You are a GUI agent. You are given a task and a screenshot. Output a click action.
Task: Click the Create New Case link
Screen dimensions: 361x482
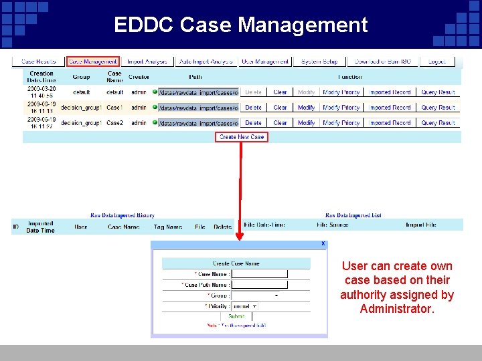pos(242,137)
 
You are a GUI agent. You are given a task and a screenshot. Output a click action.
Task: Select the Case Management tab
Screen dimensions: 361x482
pos(92,62)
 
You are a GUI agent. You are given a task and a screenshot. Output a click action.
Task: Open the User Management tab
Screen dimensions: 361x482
pos(265,62)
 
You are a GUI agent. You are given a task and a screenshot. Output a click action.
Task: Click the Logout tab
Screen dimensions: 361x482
pos(436,62)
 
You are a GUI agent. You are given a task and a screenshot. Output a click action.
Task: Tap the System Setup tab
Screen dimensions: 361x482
pos(319,62)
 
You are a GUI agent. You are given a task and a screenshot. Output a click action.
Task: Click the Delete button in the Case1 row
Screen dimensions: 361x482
pos(254,108)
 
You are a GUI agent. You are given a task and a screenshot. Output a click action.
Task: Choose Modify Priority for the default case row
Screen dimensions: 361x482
pos(341,92)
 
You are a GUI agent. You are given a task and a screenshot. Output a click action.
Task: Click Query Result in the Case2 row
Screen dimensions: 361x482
pos(438,123)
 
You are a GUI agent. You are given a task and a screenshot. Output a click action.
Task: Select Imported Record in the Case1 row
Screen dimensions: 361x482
pos(390,108)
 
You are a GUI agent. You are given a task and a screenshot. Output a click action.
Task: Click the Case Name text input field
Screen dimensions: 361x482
pos(259,274)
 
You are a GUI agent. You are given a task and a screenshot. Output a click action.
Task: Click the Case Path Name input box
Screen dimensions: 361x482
pos(259,285)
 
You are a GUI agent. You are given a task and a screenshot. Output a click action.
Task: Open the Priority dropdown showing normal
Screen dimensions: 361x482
pos(244,306)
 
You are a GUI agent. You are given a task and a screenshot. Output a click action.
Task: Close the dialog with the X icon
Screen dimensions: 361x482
pos(323,244)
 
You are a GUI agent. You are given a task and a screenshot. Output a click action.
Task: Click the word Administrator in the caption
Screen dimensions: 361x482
pos(397,309)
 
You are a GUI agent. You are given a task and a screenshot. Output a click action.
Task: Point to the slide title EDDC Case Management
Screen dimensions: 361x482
pos(241,25)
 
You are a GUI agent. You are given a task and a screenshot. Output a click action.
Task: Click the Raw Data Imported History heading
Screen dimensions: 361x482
pos(123,215)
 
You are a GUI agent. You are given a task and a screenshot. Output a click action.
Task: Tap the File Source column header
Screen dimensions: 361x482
pos(333,225)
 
